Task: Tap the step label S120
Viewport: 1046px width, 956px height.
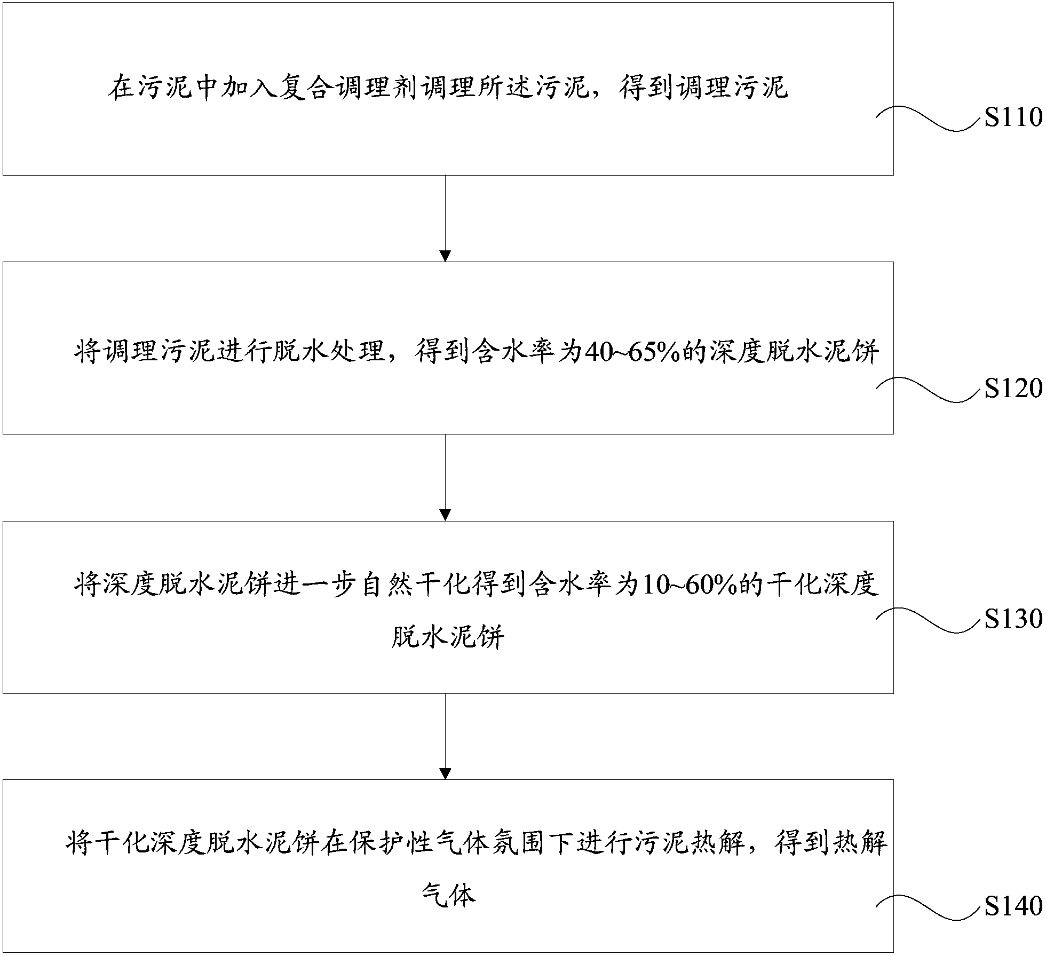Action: coord(1013,388)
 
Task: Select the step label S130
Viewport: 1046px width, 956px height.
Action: coord(1013,619)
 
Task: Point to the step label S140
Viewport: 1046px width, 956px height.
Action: coord(1013,906)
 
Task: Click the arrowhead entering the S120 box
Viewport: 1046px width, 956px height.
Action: coord(445,256)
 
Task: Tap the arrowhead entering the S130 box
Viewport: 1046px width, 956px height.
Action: coord(445,515)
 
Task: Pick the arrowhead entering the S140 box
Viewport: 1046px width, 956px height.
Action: coord(445,774)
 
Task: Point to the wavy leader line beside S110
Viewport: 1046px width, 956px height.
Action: coord(929,118)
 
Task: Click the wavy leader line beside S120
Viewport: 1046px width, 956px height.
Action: coord(929,389)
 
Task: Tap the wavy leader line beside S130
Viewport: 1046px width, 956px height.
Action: coord(929,620)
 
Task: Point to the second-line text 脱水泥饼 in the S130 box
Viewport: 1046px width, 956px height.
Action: coord(447,636)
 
